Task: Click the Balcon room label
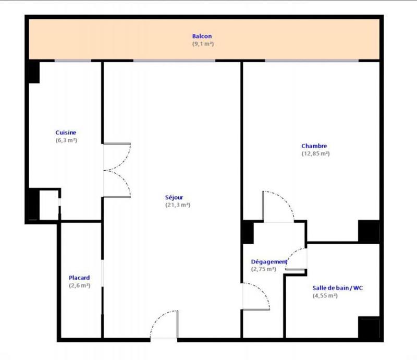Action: [x=202, y=37]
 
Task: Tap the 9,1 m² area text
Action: [x=202, y=44]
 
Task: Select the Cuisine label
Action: [x=66, y=133]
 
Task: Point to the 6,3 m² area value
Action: [x=66, y=140]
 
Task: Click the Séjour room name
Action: [x=175, y=197]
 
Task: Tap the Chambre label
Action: [x=314, y=146]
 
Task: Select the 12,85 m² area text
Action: [x=315, y=154]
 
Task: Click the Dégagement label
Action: [x=269, y=261]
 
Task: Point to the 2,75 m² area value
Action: [x=264, y=269]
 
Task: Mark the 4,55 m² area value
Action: [x=325, y=295]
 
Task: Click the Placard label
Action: [x=79, y=278]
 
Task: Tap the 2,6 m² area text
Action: [x=79, y=286]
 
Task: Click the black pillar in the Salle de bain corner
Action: [x=369, y=328]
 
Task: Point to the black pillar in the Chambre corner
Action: [x=369, y=231]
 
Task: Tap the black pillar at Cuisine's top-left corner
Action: [x=33, y=72]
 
